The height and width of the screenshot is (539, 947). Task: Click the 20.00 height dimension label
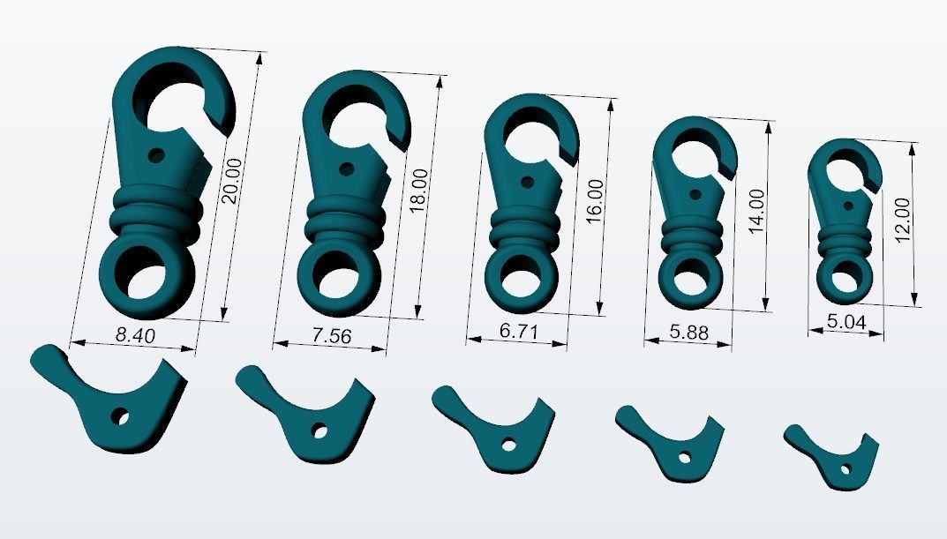[x=230, y=181]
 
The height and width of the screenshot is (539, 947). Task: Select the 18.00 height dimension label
[x=418, y=187]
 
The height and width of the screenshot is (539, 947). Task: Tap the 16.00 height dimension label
[x=596, y=201]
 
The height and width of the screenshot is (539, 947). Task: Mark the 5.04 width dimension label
[x=846, y=323]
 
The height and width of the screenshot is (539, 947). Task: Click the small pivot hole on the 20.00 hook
[x=157, y=155]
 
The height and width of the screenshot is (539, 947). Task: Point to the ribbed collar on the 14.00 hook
[x=694, y=236]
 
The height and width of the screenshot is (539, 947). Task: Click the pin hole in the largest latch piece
[x=118, y=415]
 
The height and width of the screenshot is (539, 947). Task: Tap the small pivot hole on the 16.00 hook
[x=528, y=183]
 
